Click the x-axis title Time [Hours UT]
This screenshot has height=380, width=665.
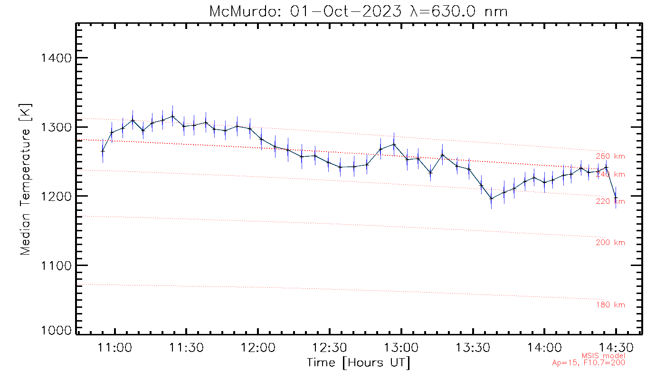(x=359, y=363)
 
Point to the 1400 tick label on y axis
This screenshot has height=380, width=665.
(x=57, y=58)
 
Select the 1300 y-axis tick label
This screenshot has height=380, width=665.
(x=57, y=127)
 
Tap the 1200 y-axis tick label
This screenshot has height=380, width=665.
(x=57, y=196)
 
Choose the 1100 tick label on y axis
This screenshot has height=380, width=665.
(x=57, y=265)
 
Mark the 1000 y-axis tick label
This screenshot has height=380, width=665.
(x=57, y=331)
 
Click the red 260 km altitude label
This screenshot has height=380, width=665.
(x=610, y=156)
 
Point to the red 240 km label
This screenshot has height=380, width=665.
(x=610, y=174)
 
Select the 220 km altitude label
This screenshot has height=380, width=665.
(x=610, y=201)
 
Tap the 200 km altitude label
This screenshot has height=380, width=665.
(x=610, y=243)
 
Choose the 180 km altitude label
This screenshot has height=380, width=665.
(x=610, y=305)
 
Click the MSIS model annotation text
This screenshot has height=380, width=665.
(x=603, y=356)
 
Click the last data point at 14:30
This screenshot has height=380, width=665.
(x=616, y=198)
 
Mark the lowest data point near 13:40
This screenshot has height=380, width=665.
(x=491, y=198)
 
